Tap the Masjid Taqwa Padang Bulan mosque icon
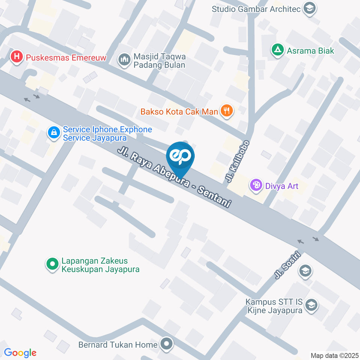point(123,59)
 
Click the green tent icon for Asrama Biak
point(277,50)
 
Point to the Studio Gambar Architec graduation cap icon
point(309,8)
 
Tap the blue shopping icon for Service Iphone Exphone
point(54,132)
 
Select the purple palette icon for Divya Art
point(256,185)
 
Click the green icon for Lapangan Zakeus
point(52,264)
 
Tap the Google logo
point(20,352)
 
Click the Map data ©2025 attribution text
point(334,355)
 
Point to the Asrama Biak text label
point(310,51)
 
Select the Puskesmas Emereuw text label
point(66,58)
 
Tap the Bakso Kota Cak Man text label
point(180,111)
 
